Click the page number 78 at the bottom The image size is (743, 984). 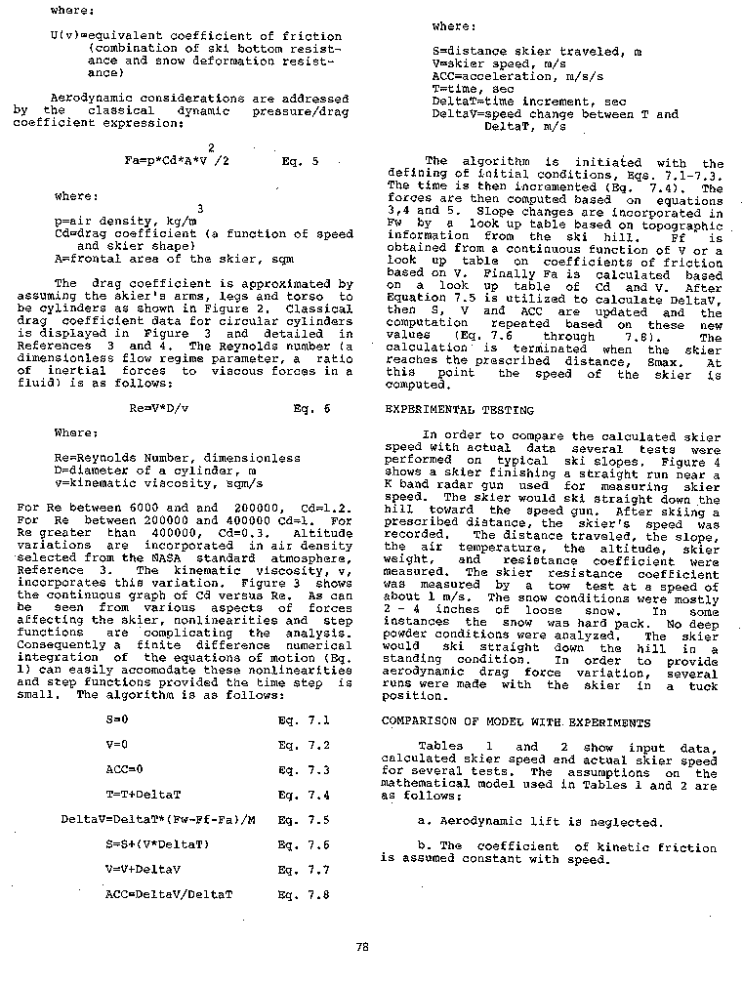[362, 945]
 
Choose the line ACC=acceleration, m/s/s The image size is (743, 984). [508, 75]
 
